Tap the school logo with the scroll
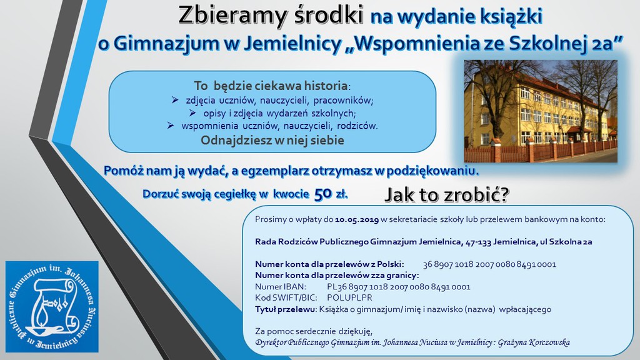pyautogui.click(x=52, y=306)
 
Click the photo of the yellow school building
pyautogui.click(x=540, y=111)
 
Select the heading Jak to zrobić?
pyautogui.click(x=447, y=196)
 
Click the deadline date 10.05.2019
pyautogui.click(x=357, y=220)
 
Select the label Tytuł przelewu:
pyautogui.click(x=286, y=309)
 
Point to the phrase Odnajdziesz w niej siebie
pyautogui.click(x=272, y=140)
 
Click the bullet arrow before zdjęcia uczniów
pyautogui.click(x=175, y=100)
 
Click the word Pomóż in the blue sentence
pyautogui.click(x=122, y=171)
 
